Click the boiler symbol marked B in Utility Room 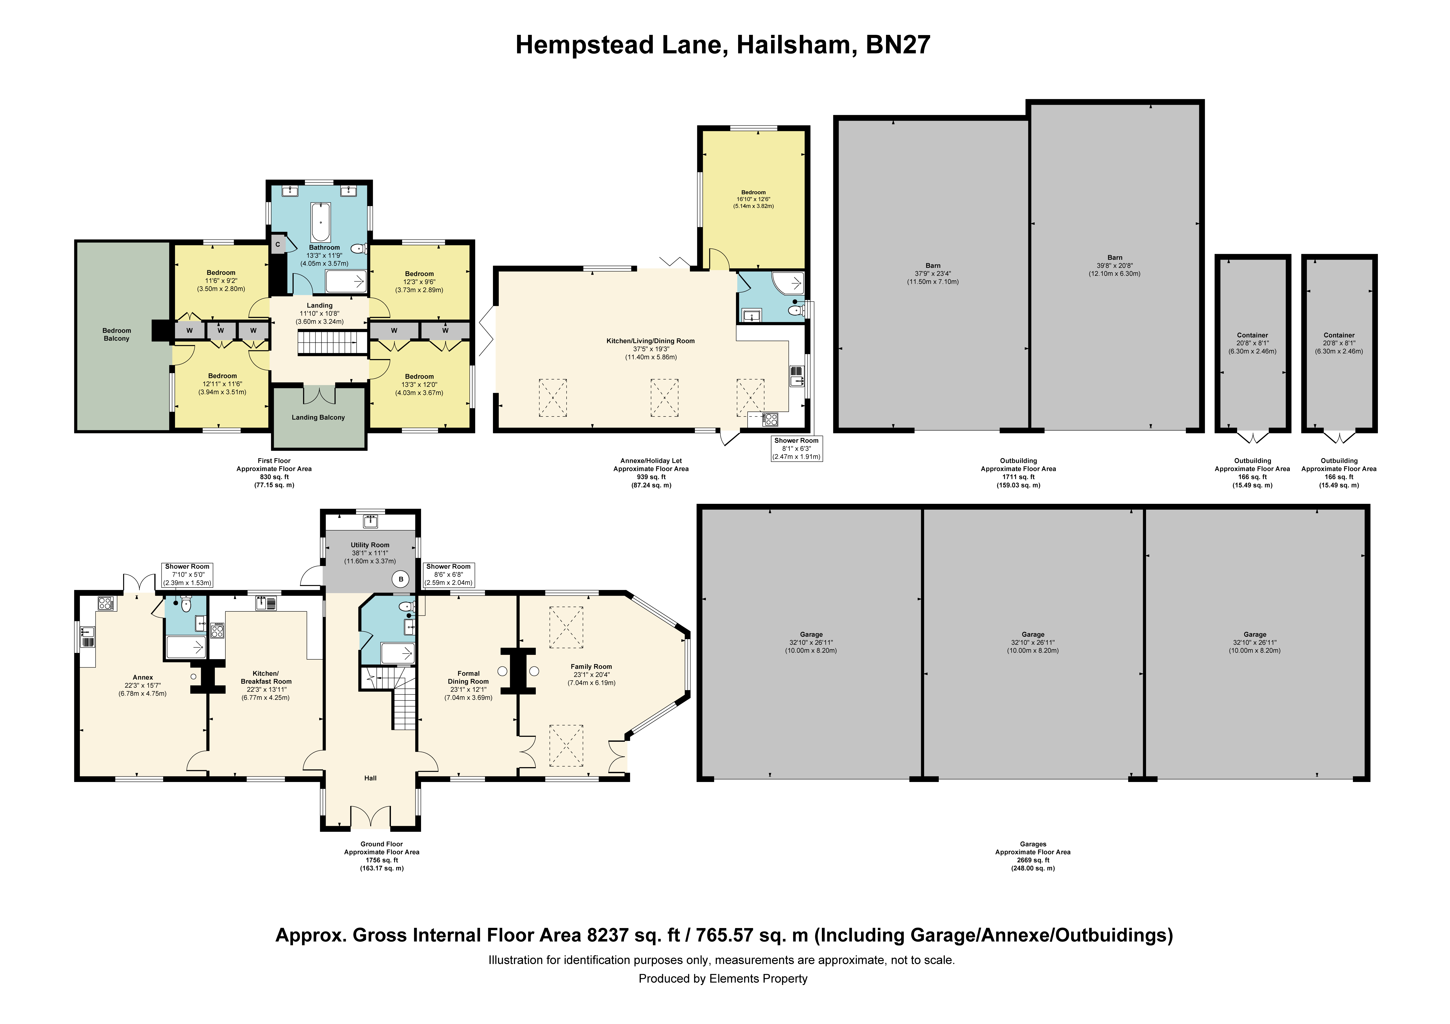pos(400,579)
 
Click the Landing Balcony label pos(318,417)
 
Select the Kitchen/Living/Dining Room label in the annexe pos(651,341)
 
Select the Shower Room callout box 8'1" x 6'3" pos(796,448)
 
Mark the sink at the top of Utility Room pos(371,521)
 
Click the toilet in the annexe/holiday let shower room pos(797,311)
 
